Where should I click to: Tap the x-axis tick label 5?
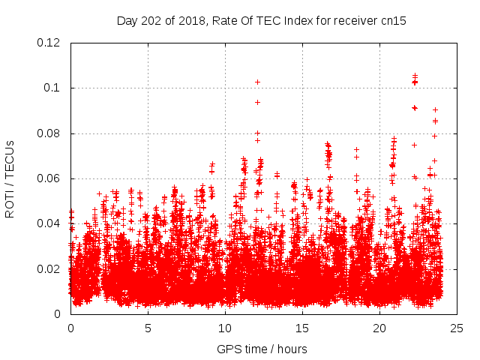tap(148, 328)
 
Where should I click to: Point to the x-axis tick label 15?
tap(302, 328)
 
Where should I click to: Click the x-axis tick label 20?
tap(379, 328)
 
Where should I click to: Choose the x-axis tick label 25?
tap(457, 328)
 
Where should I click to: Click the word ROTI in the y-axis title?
tap(10, 203)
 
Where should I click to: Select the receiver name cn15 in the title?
tap(393, 20)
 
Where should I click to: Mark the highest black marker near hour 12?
tap(257, 82)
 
